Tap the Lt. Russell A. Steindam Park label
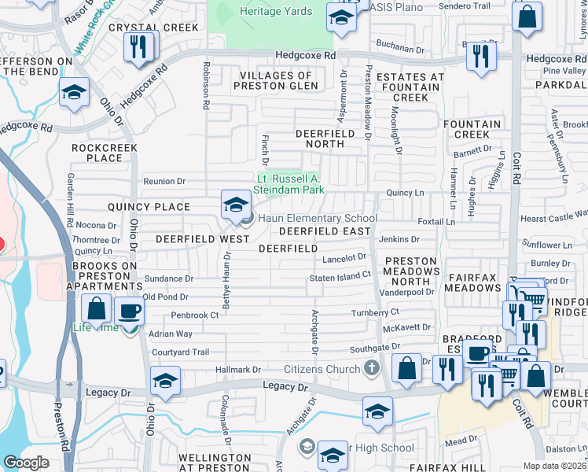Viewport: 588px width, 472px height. [x=290, y=183]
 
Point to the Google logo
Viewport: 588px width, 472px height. [x=26, y=463]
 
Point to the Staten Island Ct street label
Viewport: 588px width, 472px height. [x=340, y=275]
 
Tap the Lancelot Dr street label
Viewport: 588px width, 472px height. [x=344, y=256]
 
